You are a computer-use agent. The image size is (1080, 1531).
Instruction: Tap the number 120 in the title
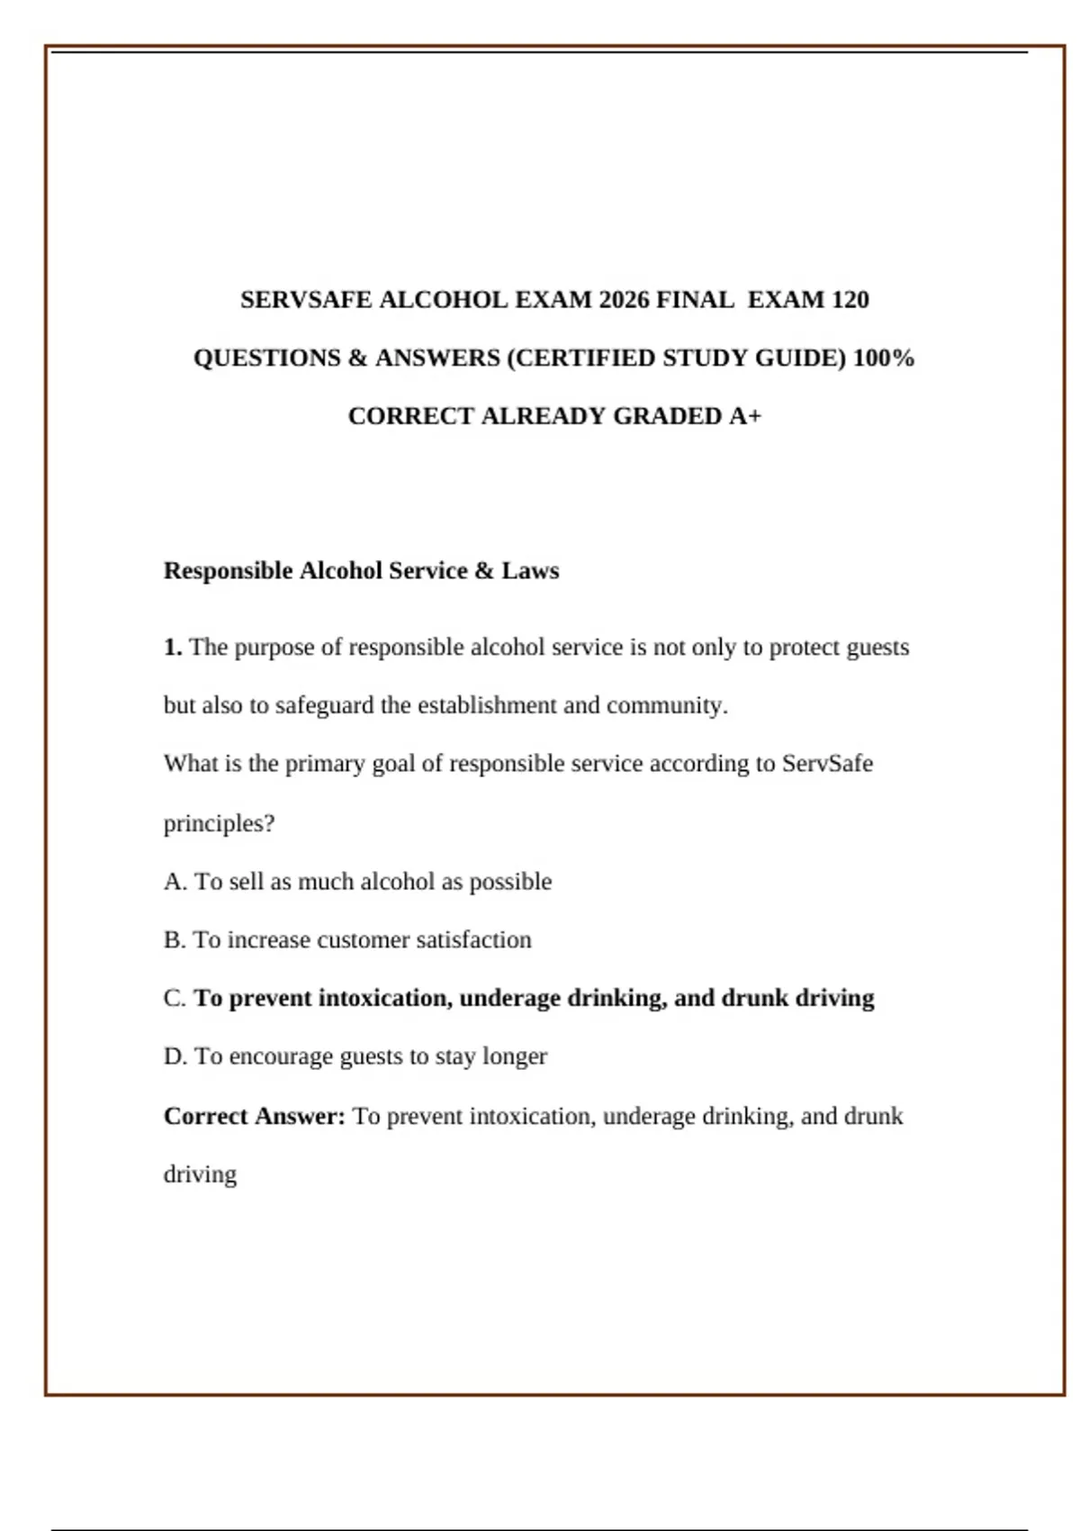point(850,300)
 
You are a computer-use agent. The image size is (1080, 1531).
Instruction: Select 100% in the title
point(884,358)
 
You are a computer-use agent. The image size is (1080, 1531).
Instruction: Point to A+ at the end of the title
point(745,416)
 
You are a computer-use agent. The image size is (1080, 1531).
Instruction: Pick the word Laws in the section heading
point(530,571)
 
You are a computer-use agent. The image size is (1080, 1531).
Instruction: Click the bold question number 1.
point(173,648)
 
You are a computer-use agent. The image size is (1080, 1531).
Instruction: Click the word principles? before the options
point(219,823)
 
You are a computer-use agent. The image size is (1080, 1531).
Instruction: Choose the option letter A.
point(175,882)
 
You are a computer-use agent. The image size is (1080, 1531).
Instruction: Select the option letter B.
point(175,940)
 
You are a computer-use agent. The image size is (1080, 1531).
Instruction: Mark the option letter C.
point(175,999)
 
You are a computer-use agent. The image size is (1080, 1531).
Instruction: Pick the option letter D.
point(175,1056)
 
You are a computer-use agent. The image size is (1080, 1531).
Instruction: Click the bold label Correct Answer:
point(254,1117)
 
